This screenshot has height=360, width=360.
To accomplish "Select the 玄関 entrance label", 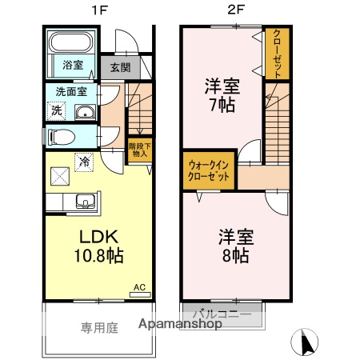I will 120,67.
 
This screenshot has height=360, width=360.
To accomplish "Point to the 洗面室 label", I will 71,91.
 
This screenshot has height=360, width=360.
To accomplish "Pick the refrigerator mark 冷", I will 85,162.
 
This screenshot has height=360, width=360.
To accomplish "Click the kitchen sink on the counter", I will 85,200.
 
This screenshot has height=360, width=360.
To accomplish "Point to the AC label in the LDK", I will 139,286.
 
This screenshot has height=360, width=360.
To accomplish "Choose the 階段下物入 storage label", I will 138,150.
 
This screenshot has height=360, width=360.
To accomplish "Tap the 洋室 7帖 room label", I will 221,94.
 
